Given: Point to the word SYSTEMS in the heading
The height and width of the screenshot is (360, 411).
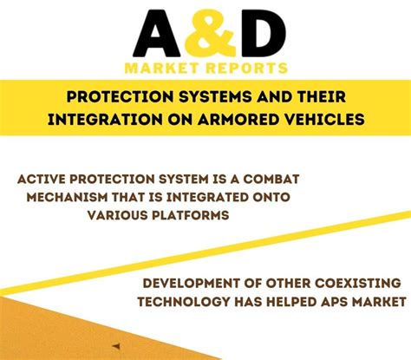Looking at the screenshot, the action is (215, 96).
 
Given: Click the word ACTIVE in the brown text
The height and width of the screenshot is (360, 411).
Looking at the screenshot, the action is (42, 180).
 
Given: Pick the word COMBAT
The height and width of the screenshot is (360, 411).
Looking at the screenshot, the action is (271, 180).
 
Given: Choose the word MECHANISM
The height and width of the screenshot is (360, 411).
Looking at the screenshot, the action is (67, 197).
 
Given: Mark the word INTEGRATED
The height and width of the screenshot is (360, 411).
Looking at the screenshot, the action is (207, 197).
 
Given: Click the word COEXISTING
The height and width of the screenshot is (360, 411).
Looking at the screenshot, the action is (358, 284).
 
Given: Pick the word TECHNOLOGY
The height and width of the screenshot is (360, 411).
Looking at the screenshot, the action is (183, 302).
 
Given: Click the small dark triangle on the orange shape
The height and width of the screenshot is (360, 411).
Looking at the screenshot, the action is (116, 346).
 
